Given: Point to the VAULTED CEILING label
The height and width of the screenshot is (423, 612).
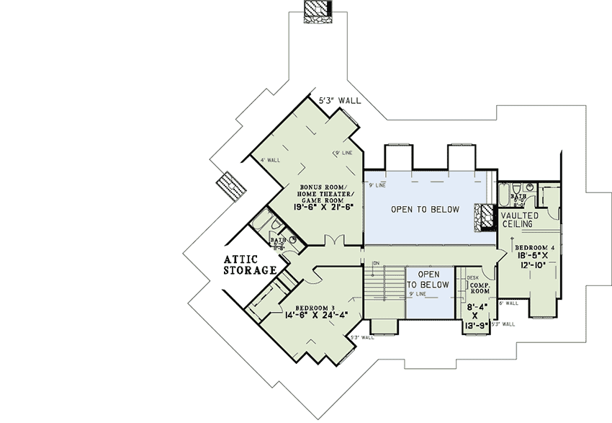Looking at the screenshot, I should pyautogui.click(x=517, y=220).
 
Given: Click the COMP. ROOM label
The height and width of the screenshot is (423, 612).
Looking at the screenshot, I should pyautogui.click(x=480, y=288).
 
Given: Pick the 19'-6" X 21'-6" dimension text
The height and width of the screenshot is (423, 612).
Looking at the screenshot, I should pyautogui.click(x=323, y=207).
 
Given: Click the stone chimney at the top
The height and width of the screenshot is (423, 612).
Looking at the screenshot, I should pyautogui.click(x=318, y=12).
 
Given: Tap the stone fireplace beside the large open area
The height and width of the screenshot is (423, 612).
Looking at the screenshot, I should pyautogui.click(x=482, y=215).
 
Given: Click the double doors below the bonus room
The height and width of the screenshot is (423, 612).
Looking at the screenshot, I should pyautogui.click(x=331, y=240).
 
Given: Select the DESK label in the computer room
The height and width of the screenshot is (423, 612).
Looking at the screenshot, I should pyautogui.click(x=473, y=277).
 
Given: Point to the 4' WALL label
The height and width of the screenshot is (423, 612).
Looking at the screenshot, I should pyautogui.click(x=270, y=160).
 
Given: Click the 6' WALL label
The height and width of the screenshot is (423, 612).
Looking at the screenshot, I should pyautogui.click(x=508, y=303).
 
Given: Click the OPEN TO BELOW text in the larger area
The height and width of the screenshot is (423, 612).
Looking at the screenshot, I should pyautogui.click(x=425, y=210).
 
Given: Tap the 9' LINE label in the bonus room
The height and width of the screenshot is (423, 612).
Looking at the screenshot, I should pyautogui.click(x=342, y=153).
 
